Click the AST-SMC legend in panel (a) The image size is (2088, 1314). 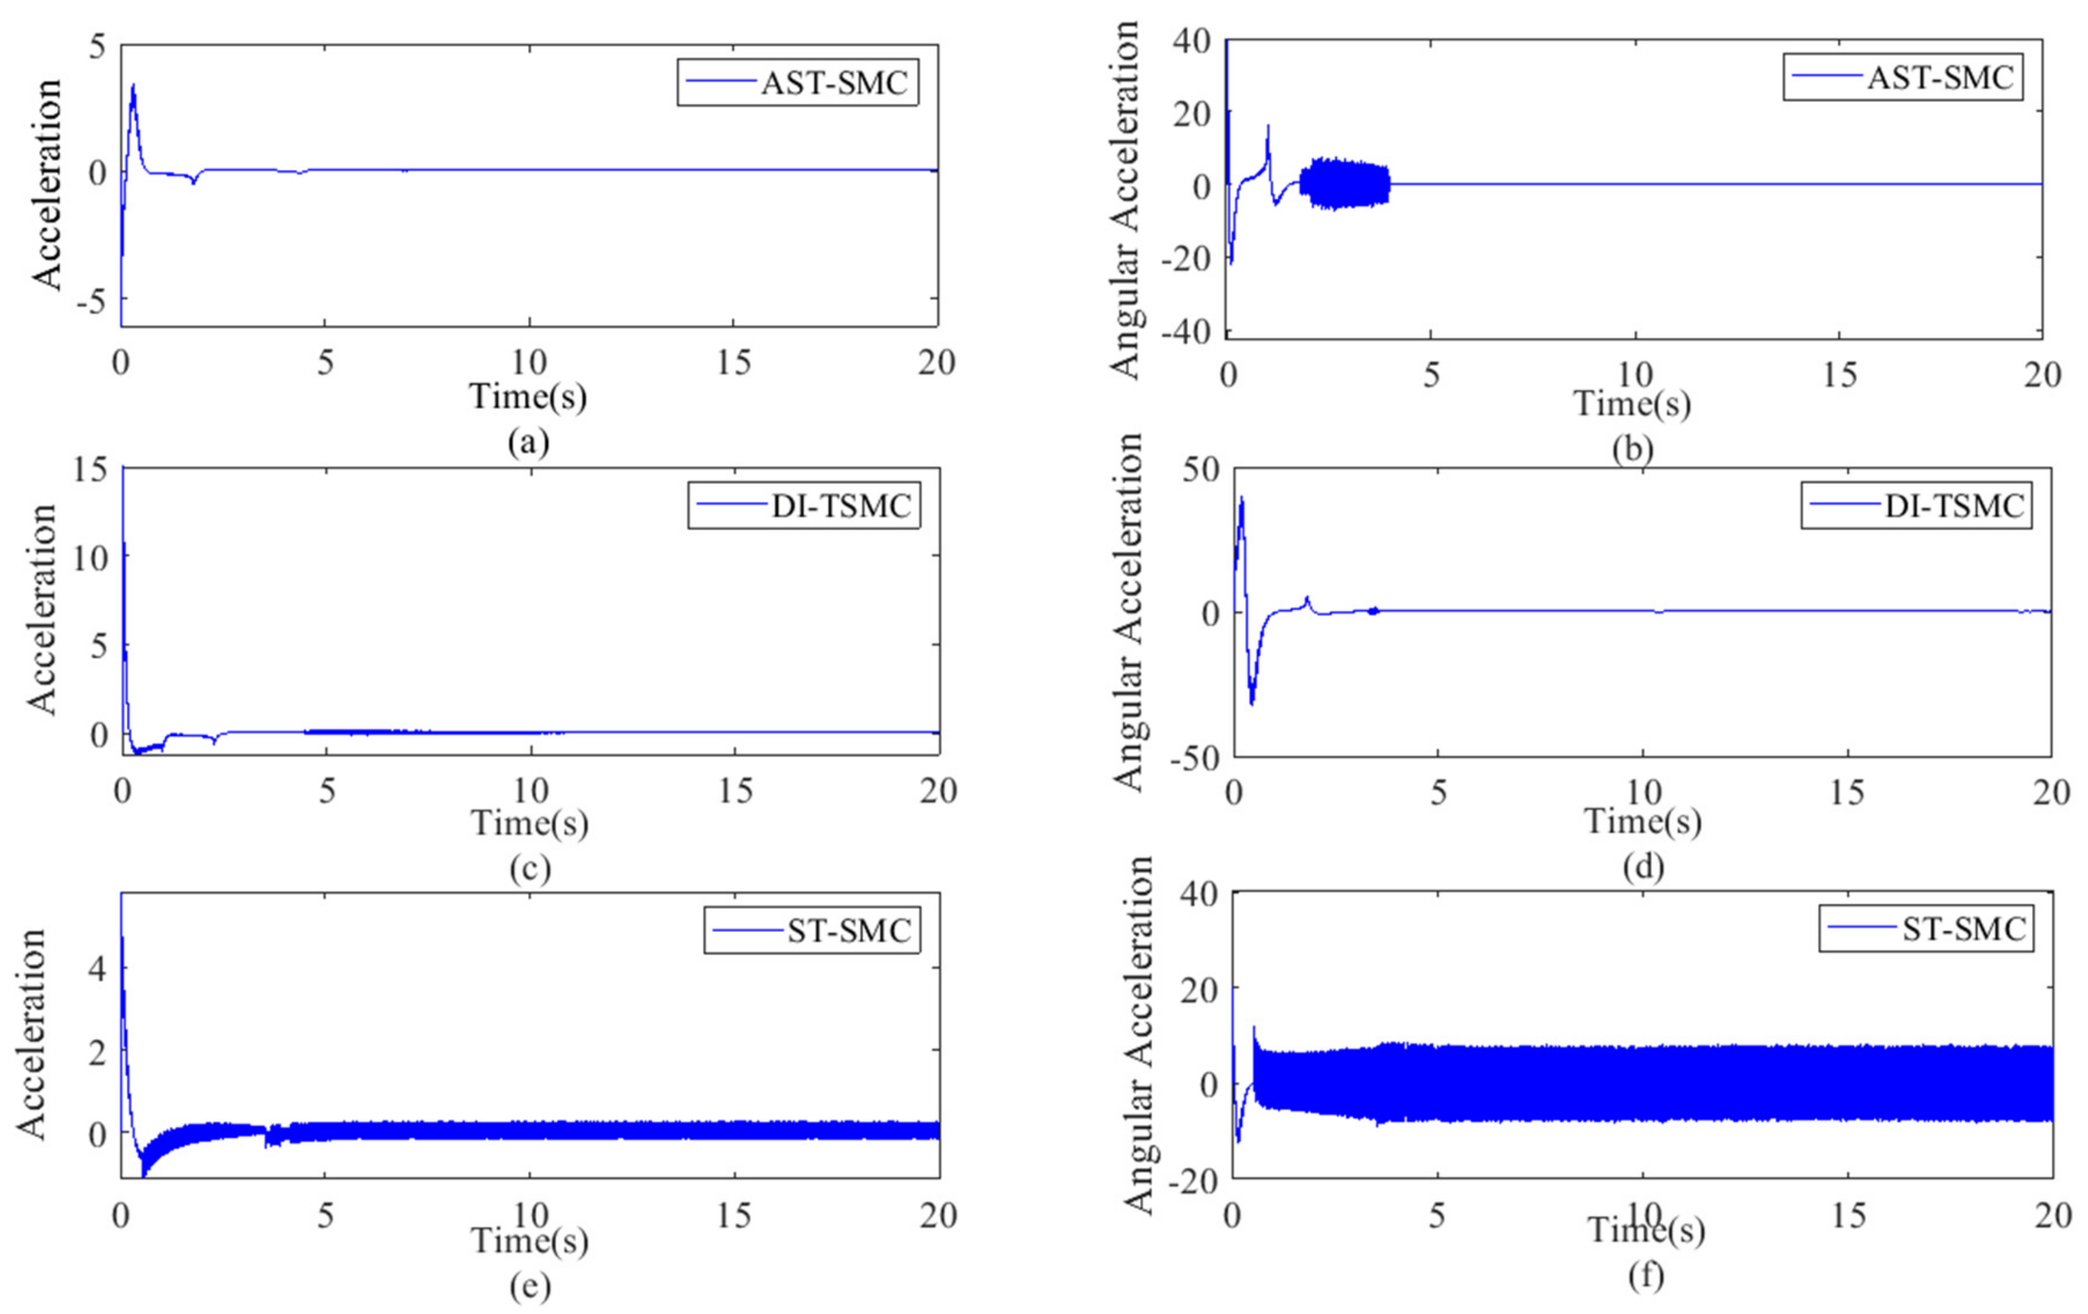[x=797, y=82]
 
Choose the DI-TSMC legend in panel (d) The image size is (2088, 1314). [x=1916, y=506]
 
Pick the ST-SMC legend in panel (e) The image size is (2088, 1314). [x=812, y=931]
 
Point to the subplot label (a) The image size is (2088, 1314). [x=529, y=442]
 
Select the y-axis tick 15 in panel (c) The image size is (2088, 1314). [x=90, y=469]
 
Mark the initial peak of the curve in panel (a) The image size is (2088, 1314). [x=133, y=86]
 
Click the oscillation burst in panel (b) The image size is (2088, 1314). [x=1344, y=184]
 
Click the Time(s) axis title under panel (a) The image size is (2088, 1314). [x=528, y=396]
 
